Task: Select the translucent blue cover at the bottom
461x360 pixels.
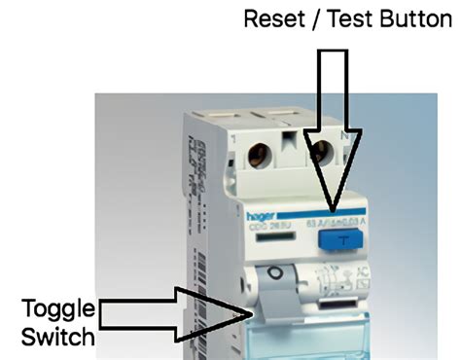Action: [292, 341]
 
